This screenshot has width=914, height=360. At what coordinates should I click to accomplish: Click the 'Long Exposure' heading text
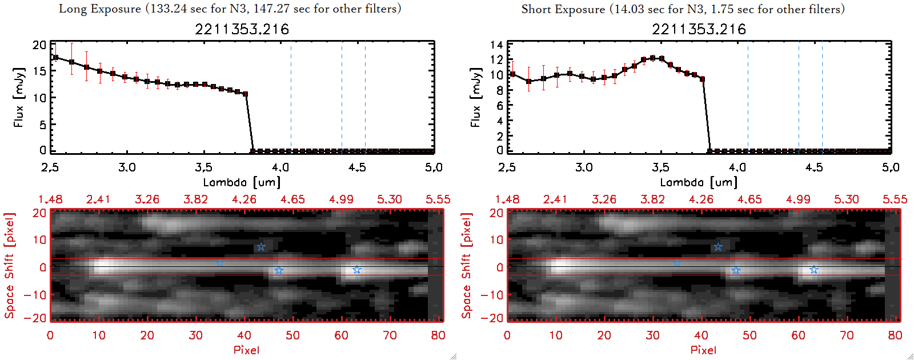click(x=100, y=9)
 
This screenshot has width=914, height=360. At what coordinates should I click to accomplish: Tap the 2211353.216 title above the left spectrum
click(x=242, y=29)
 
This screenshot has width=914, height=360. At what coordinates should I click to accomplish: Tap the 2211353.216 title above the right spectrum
click(x=699, y=29)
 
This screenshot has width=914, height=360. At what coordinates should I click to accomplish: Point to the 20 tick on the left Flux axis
click(x=39, y=45)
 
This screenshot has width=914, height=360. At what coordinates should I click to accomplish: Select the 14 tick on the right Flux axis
click(x=496, y=45)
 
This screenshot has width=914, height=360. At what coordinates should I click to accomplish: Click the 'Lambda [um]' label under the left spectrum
click(x=242, y=182)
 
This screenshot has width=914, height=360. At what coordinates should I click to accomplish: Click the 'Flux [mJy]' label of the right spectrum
click(x=475, y=97)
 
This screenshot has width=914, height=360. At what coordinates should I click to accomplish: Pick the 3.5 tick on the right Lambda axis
click(x=660, y=167)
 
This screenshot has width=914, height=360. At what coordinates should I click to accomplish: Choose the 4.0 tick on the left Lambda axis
click(x=280, y=167)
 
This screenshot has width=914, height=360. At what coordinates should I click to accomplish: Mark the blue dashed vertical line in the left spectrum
click(x=342, y=97)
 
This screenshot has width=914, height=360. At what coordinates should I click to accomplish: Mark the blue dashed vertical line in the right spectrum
click(x=799, y=97)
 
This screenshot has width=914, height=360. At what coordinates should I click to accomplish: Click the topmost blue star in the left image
click(x=261, y=247)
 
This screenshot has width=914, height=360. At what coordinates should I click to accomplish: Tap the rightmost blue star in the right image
click(x=813, y=270)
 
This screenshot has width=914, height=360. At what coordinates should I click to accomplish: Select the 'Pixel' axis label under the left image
click(x=246, y=350)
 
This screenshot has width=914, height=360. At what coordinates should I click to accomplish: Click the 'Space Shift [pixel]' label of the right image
click(x=467, y=265)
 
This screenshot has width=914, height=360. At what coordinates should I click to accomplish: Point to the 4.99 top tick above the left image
click(x=341, y=199)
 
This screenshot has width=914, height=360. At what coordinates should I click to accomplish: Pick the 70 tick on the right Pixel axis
click(x=847, y=335)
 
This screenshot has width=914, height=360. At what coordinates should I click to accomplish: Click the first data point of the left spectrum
click(x=55, y=57)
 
